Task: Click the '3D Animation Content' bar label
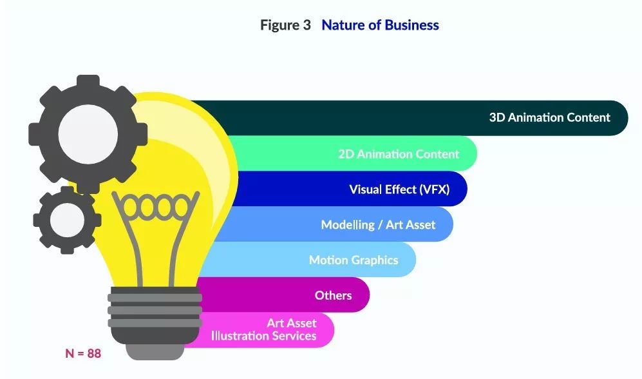[549, 117]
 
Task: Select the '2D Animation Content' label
[399, 154]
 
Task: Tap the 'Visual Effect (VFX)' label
[399, 189]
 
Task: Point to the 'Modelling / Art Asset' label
[378, 224]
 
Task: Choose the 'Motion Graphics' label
[354, 260]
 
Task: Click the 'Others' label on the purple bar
[334, 295]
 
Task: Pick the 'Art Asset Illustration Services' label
[263, 329]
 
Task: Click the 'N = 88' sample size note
[83, 353]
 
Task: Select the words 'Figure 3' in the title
[285, 25]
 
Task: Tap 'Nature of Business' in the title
[380, 25]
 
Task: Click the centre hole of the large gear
[88, 135]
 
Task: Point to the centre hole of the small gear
[67, 220]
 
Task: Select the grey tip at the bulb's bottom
[155, 351]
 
